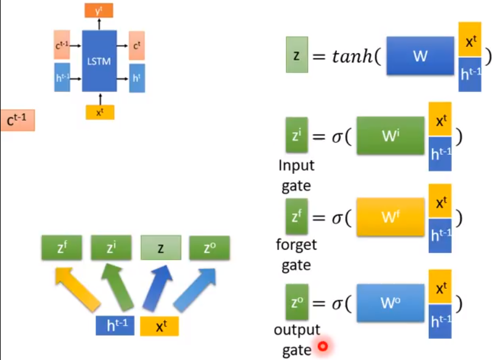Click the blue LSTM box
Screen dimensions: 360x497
point(99,61)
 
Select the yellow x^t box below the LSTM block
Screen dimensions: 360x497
point(99,111)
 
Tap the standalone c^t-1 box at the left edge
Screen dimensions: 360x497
point(17,121)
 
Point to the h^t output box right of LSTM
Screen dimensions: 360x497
point(136,77)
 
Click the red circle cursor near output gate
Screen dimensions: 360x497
point(323,347)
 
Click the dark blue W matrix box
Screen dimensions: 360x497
point(420,57)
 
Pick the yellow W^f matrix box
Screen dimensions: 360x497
point(390,217)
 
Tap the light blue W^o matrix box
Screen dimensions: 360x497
point(390,302)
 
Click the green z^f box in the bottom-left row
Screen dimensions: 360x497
point(61,248)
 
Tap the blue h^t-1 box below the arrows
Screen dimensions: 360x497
point(115,326)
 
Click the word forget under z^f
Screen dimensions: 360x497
point(296,245)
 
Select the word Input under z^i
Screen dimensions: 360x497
point(296,165)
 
